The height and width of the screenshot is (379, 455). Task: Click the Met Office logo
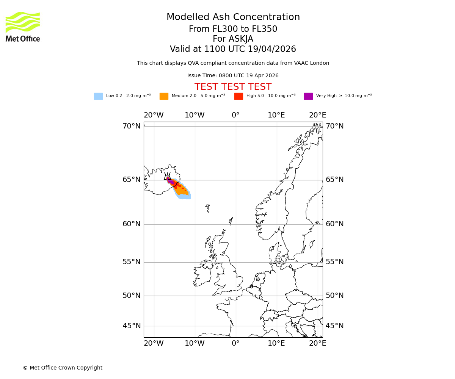click(23, 27)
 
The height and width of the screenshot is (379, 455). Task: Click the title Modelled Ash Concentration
click(233, 17)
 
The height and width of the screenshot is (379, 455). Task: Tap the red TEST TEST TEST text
click(233, 87)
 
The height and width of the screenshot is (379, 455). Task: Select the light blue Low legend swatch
click(98, 96)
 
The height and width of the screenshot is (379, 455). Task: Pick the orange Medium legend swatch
click(164, 96)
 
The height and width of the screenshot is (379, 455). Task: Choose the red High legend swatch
click(238, 96)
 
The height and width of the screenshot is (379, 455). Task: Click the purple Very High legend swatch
click(308, 96)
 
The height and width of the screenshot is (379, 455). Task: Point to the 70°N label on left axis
click(131, 126)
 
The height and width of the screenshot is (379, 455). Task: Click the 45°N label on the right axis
click(334, 326)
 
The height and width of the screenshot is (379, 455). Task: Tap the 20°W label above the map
click(154, 115)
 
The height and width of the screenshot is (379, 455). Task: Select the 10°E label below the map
click(276, 343)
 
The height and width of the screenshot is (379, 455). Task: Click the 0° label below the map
click(235, 343)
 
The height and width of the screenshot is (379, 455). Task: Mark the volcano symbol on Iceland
click(167, 177)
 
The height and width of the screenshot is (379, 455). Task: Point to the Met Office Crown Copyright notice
click(63, 368)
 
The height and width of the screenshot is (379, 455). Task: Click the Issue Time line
click(233, 76)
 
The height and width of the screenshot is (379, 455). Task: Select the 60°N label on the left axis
click(131, 224)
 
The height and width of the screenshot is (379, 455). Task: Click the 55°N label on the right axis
click(334, 262)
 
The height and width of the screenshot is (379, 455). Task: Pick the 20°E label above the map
click(317, 115)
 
